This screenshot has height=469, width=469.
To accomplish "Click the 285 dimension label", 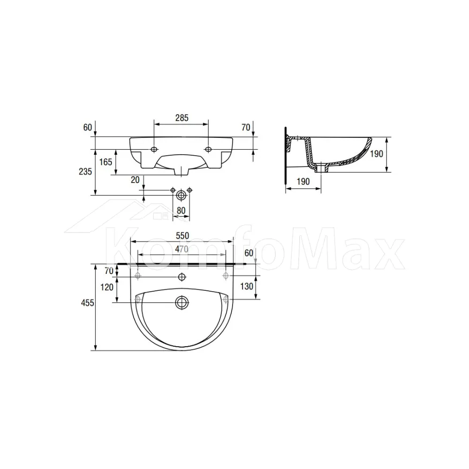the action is point(182,118).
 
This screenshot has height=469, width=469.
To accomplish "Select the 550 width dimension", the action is point(182,236).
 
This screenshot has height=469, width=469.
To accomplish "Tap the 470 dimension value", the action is point(182,249).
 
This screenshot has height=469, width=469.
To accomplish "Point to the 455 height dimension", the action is point(88,303).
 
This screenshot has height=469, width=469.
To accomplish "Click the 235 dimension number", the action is point(85,172).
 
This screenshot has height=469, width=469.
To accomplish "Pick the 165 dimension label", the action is point(106,162).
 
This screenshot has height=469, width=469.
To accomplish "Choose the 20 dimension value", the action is point(135,180).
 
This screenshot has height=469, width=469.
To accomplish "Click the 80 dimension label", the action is point(181,211).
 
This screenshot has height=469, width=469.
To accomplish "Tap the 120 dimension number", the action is point(107,287).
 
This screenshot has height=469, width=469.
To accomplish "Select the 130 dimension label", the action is point(247,286).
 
